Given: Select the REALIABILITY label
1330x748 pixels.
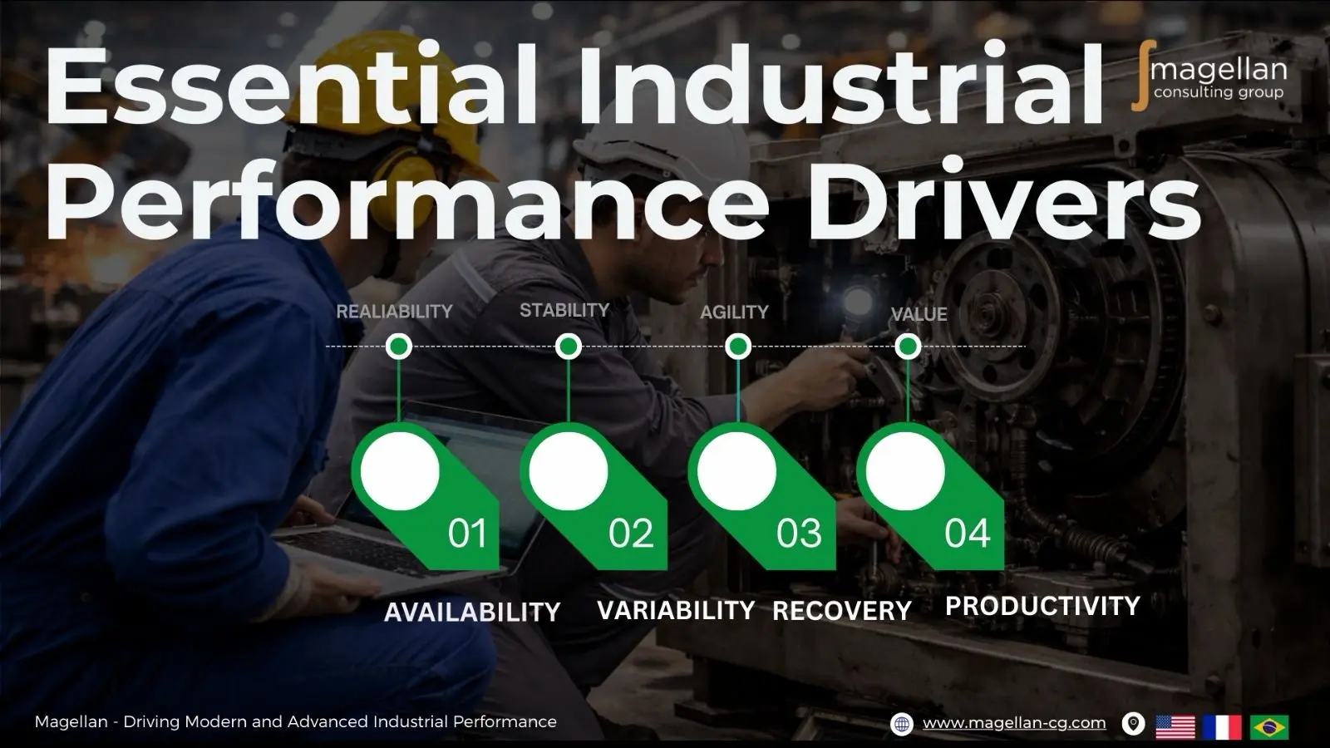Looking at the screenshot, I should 394,312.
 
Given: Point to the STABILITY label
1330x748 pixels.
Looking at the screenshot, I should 564,310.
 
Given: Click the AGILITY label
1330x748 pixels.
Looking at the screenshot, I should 734,312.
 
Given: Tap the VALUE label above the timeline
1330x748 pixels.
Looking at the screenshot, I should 919,314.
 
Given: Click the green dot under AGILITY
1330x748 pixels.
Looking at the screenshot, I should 738,346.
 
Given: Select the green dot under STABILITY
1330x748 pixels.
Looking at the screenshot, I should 569,346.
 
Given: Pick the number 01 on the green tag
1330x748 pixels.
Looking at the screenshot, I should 466,534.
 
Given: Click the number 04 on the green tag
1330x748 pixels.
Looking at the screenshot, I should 967,534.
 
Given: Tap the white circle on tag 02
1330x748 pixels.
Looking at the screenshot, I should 568,471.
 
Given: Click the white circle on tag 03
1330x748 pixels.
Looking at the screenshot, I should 736,471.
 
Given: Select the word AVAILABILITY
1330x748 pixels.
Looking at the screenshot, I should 472,613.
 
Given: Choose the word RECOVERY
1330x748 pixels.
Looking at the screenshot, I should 841,611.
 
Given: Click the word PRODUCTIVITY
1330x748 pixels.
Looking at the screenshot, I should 1042,606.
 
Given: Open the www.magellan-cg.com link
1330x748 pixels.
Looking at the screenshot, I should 1014,723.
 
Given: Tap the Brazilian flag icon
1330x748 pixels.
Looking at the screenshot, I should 1269,726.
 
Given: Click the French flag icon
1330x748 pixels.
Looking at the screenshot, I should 1222,726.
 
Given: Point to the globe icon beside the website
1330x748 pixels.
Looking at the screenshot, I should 902,724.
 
